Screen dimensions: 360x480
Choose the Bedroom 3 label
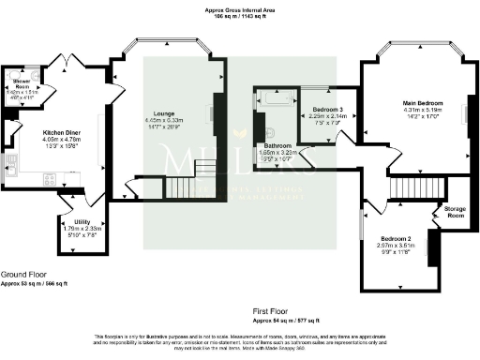click(328, 110)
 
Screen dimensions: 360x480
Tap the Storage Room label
click(455, 211)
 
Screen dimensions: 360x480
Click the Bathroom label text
click(278, 145)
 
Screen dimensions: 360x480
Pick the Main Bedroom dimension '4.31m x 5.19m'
click(424, 110)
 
